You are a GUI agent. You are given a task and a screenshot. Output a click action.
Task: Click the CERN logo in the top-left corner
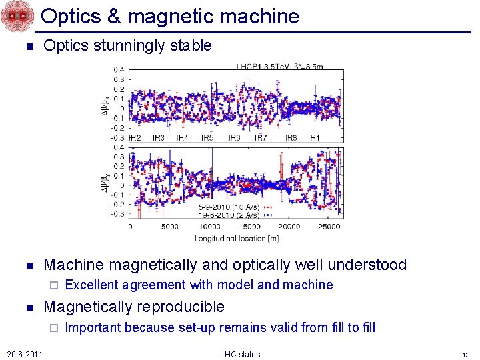point(17,17)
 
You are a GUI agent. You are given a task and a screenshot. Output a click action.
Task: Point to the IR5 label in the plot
point(207,138)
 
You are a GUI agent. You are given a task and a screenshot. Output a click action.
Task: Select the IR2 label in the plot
point(134,138)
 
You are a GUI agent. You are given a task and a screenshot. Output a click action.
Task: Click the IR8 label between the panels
point(291,138)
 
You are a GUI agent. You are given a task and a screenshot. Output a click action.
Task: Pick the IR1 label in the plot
point(313,138)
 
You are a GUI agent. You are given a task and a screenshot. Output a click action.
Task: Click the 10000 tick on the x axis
point(210,227)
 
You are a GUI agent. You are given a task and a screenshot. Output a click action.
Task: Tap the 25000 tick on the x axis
point(329,227)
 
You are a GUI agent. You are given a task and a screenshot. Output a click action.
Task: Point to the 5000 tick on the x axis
point(170,227)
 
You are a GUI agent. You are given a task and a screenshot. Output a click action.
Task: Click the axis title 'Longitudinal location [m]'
point(236,238)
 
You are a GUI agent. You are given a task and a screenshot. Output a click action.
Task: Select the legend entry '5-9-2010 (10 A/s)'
point(231,207)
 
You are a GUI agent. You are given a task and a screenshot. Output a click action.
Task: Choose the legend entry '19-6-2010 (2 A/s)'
point(231,215)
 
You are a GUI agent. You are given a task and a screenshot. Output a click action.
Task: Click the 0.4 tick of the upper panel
point(117,69)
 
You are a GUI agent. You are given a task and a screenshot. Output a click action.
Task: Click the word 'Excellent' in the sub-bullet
point(92,285)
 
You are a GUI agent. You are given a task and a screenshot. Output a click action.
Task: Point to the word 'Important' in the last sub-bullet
point(93,327)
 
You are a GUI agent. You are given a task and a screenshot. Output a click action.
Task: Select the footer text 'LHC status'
point(240,354)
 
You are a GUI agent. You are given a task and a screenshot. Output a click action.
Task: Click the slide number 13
point(466,354)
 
